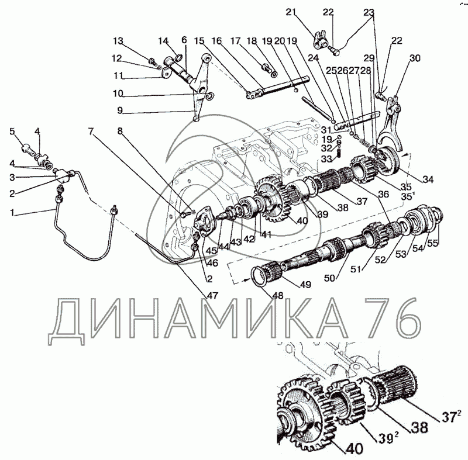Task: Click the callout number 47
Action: pyautogui.click(x=214, y=296)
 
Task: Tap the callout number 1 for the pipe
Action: pyautogui.click(x=12, y=213)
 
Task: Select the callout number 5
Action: pyautogui.click(x=12, y=131)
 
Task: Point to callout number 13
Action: pyautogui.click(x=118, y=41)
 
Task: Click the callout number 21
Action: pyautogui.click(x=291, y=12)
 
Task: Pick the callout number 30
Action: pyautogui.click(x=415, y=58)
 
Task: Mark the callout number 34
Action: pyautogui.click(x=428, y=179)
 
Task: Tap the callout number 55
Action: pyautogui.click(x=432, y=243)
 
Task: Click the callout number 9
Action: pyautogui.click(x=120, y=110)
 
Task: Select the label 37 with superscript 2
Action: pyautogui.click(x=451, y=417)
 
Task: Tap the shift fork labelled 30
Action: pyautogui.click(x=390, y=124)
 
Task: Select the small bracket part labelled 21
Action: pyautogui.click(x=319, y=41)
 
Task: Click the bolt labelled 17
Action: pyautogui.click(x=266, y=67)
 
